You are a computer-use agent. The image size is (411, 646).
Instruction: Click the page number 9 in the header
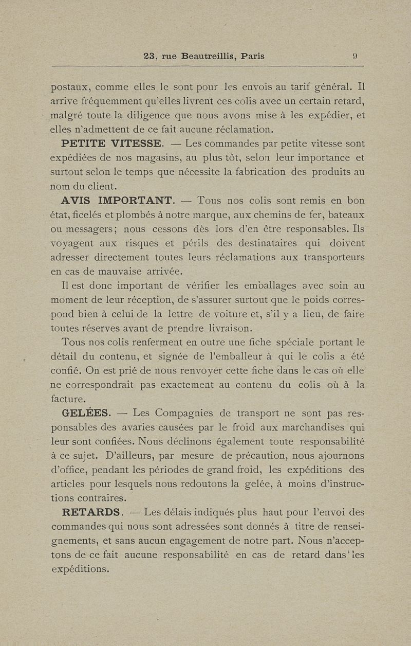click(x=354, y=57)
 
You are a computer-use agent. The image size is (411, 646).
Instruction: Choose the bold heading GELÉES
click(x=85, y=412)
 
